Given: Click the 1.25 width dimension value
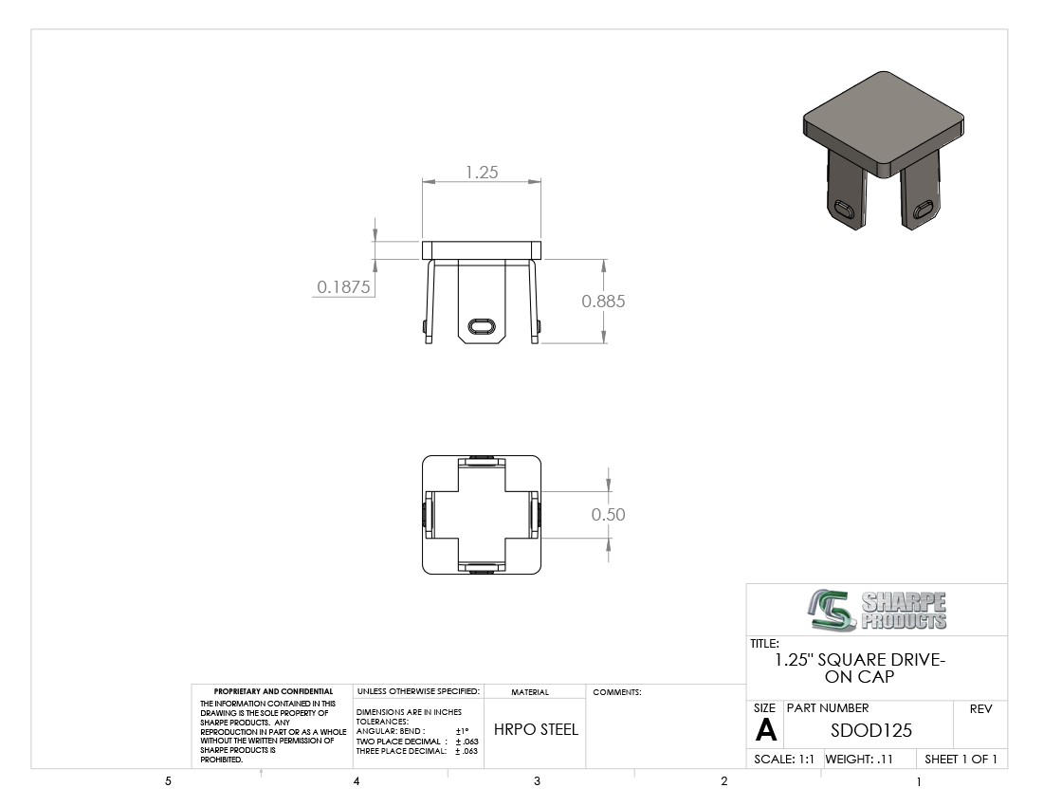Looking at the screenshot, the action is [482, 173].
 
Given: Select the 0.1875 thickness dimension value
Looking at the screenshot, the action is [343, 286].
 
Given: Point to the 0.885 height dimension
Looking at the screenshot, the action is [603, 302].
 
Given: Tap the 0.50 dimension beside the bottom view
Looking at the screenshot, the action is [608, 514].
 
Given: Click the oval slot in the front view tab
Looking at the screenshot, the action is [482, 326].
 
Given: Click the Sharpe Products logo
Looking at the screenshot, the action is [877, 610].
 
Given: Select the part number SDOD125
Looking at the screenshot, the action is [871, 731].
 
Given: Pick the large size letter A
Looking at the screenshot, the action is [765, 731].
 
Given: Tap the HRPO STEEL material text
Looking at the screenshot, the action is [536, 729].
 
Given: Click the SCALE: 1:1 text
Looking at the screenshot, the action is [783, 760].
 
